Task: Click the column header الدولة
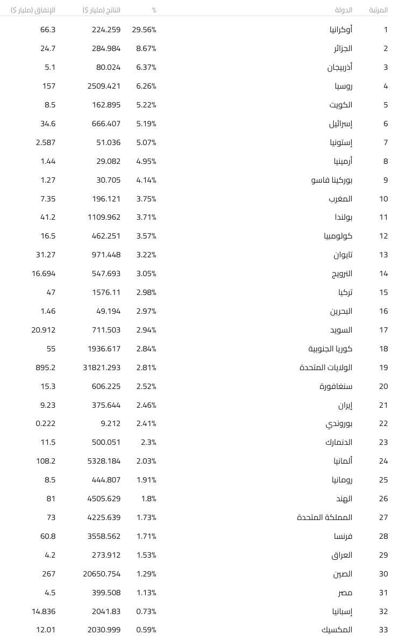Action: pyautogui.click(x=344, y=10)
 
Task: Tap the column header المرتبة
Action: pyautogui.click(x=378, y=10)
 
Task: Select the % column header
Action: pyautogui.click(x=154, y=10)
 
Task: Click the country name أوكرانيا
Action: pyautogui.click(x=341, y=30)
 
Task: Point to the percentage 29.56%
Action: pyautogui.click(x=144, y=30)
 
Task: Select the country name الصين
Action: pyautogui.click(x=343, y=574)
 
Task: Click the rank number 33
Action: pyautogui.click(x=383, y=630)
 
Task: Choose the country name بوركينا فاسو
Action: pyautogui.click(x=332, y=180)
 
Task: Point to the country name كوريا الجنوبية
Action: pyautogui.click(x=330, y=349)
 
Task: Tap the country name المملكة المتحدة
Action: pyautogui.click(x=325, y=517)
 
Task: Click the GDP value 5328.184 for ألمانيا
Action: pyautogui.click(x=104, y=461)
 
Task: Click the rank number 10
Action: pyautogui.click(x=383, y=199)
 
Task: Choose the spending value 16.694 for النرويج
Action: pyautogui.click(x=44, y=273)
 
